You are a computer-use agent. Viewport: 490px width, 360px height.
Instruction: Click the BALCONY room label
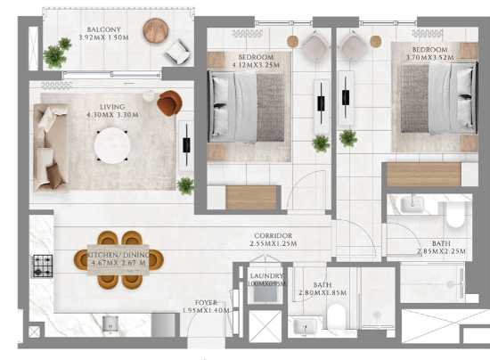pyautogui.click(x=104, y=29)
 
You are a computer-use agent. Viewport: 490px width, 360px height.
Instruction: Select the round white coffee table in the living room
pyautogui.click(x=112, y=145)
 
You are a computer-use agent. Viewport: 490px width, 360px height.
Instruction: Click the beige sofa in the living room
pyautogui.click(x=50, y=145)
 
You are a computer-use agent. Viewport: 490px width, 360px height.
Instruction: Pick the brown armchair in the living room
pyautogui.click(x=168, y=103)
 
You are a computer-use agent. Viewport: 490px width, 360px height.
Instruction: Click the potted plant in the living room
pyautogui.click(x=185, y=185)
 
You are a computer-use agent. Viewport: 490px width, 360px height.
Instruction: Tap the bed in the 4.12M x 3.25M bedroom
pyautogui.click(x=246, y=107)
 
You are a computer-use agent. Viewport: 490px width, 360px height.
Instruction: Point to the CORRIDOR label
pyautogui.click(x=273, y=235)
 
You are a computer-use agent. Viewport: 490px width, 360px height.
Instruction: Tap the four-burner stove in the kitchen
pyautogui.click(x=43, y=265)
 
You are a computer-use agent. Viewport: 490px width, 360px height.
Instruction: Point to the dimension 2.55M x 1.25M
pyautogui.click(x=273, y=244)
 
